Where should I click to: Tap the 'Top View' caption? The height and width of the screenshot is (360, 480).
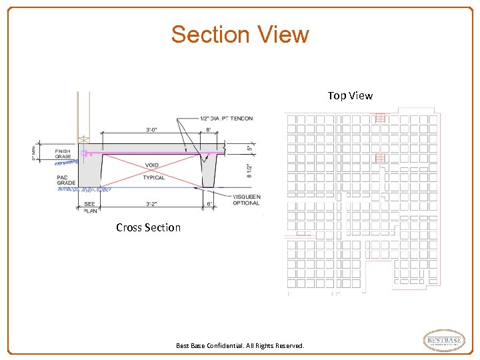(x=350, y=95)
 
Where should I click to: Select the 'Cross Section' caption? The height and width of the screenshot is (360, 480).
(x=148, y=227)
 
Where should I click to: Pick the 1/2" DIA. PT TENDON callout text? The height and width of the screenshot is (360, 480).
(x=226, y=119)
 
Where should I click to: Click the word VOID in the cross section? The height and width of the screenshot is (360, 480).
(x=151, y=166)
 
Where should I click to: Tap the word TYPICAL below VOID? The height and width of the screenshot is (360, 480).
(x=153, y=178)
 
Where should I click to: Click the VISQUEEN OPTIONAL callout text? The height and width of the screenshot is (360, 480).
(x=246, y=200)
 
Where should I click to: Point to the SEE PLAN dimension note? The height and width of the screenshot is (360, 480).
(x=89, y=207)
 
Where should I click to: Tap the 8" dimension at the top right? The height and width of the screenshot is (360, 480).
(x=209, y=130)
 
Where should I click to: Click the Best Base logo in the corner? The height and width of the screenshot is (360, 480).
(x=444, y=341)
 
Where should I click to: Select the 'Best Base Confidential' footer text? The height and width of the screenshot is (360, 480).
(x=240, y=346)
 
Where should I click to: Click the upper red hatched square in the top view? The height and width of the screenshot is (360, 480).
(x=381, y=118)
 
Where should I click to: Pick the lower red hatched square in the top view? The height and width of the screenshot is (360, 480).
(x=381, y=159)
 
